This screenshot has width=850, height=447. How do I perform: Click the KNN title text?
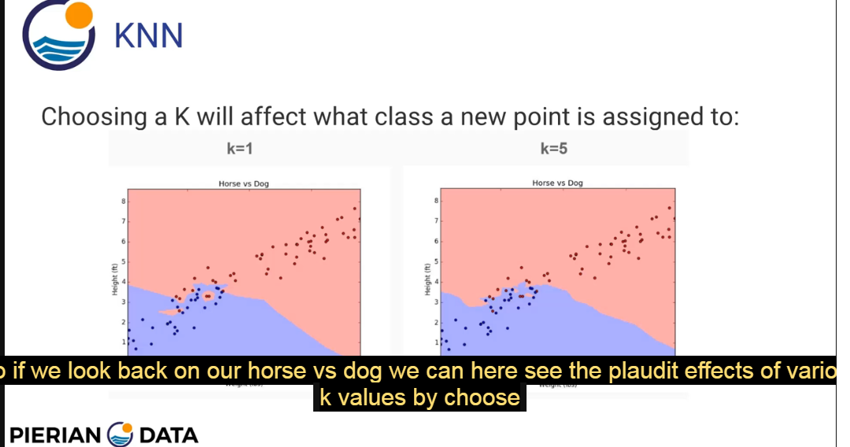click(x=149, y=35)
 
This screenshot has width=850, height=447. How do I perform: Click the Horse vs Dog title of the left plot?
click(x=243, y=183)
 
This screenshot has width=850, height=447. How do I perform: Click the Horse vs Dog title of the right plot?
click(x=557, y=183)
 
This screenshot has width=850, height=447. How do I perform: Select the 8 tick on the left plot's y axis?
click(x=123, y=201)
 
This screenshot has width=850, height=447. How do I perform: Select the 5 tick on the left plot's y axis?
click(x=123, y=261)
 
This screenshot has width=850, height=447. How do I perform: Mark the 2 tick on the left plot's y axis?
click(x=123, y=322)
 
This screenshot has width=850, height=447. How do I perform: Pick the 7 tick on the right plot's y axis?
click(x=435, y=221)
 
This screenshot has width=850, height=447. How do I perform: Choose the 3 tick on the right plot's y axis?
click(x=435, y=301)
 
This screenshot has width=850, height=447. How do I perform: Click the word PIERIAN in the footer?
click(x=55, y=434)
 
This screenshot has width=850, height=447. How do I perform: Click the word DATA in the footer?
click(x=168, y=434)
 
